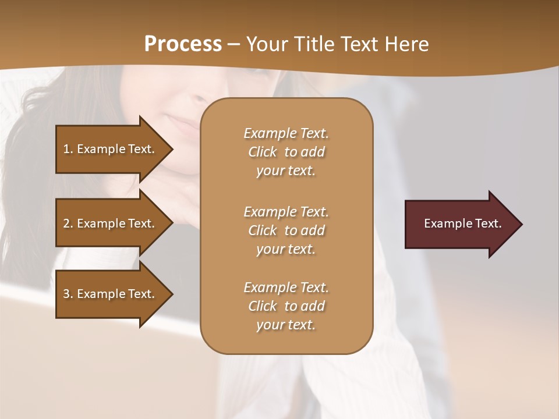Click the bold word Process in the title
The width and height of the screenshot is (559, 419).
click(183, 44)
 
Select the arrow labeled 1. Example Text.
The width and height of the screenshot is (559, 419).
click(111, 149)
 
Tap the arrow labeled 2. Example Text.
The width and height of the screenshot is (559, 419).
click(111, 223)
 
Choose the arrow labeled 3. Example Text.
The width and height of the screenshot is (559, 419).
click(111, 294)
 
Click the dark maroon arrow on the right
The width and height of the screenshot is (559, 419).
click(460, 224)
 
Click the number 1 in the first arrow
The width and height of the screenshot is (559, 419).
click(66, 149)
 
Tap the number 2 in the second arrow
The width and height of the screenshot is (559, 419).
click(66, 223)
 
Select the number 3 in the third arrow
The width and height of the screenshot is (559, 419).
click(66, 294)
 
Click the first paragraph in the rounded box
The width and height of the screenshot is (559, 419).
click(286, 152)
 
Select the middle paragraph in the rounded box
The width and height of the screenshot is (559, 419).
click(286, 230)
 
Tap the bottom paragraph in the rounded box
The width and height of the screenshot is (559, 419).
click(286, 306)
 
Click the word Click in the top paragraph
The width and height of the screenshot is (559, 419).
click(263, 152)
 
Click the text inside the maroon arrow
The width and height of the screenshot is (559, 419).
click(463, 223)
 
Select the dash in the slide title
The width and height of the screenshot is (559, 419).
click(234, 44)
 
